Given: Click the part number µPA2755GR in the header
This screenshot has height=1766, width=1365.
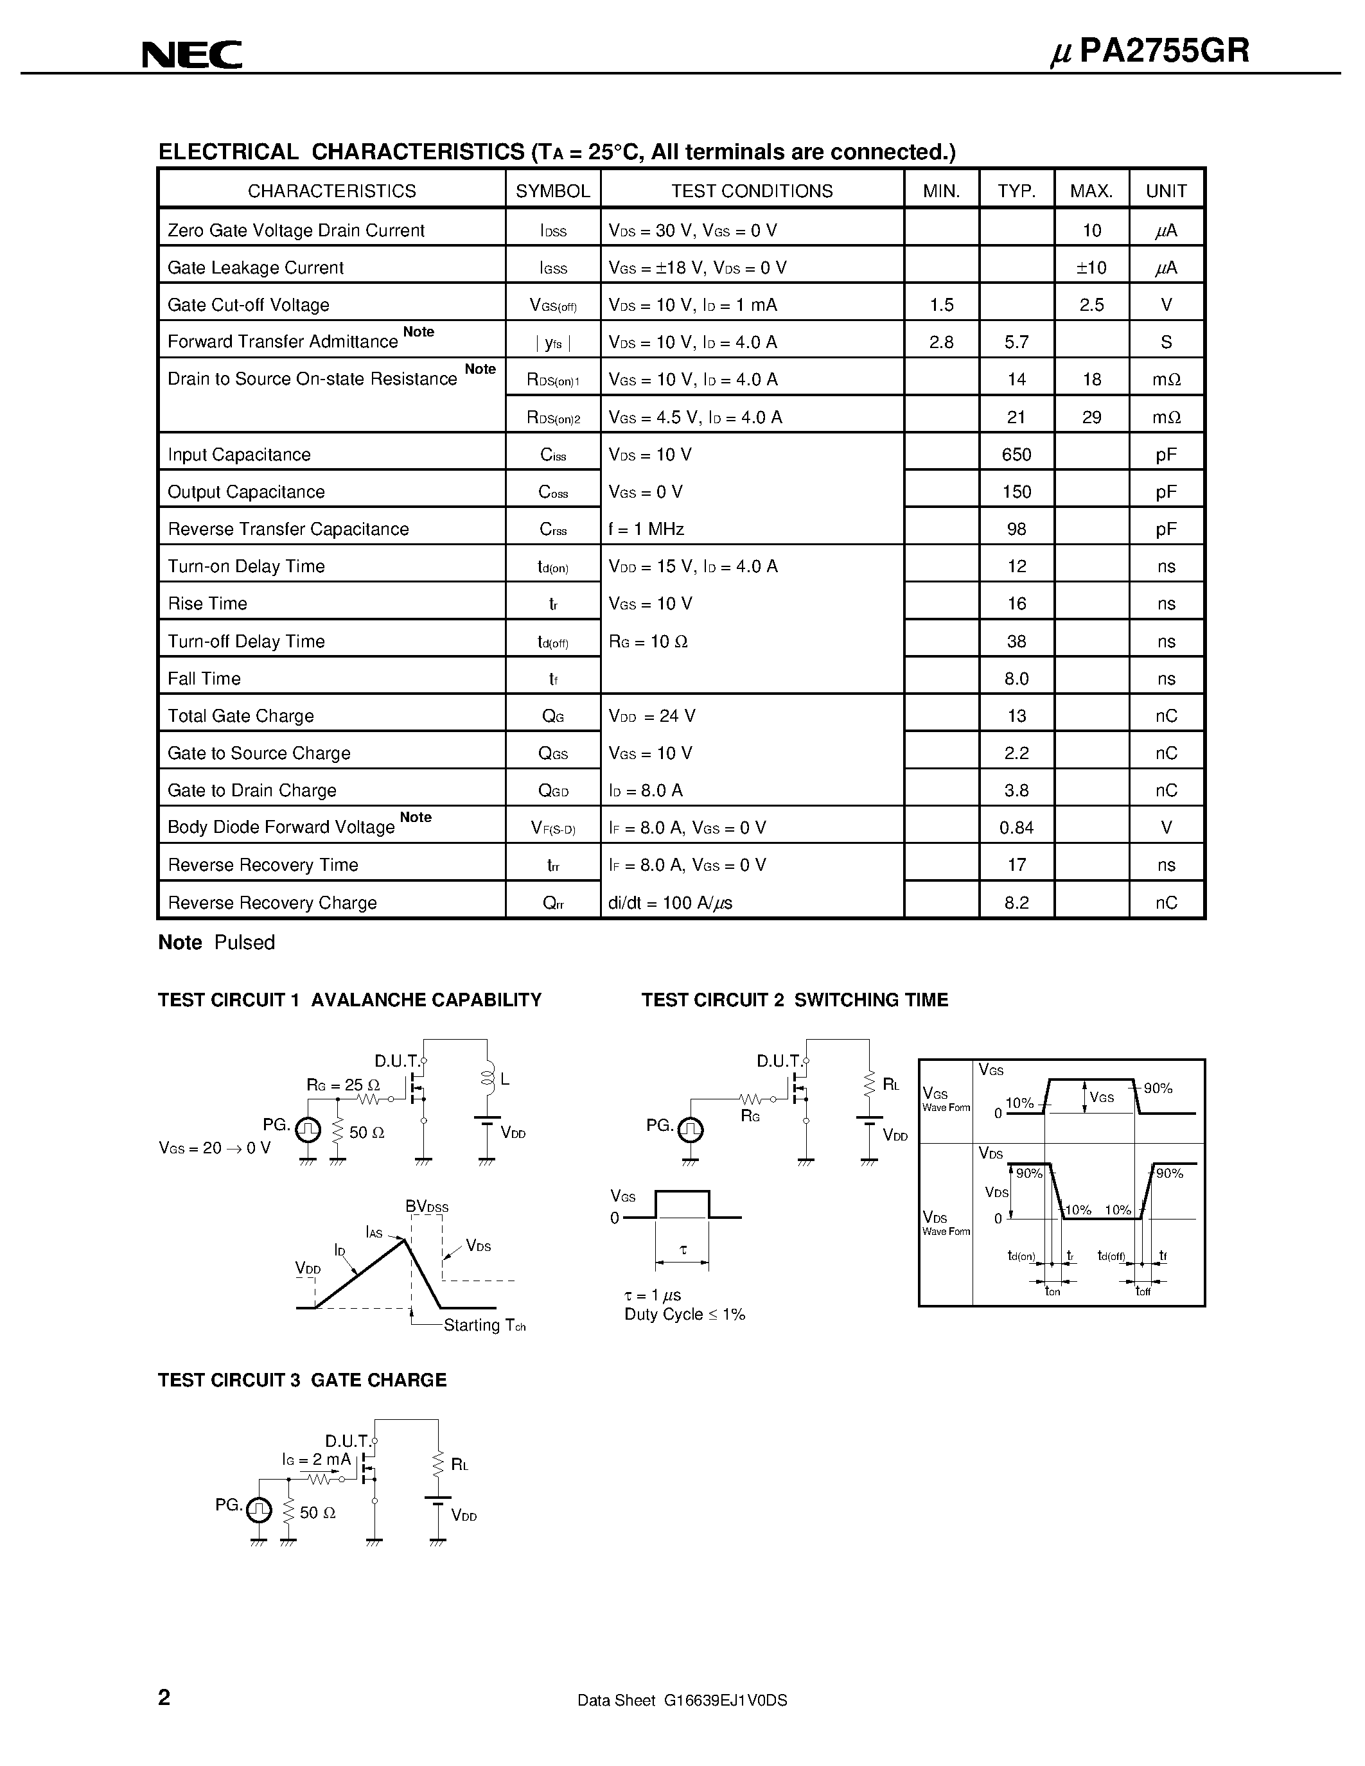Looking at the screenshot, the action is [x=1149, y=51].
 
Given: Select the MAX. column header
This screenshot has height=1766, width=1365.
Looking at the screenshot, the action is [x=1091, y=191].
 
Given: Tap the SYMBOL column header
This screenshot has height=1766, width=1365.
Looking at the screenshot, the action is [x=553, y=191].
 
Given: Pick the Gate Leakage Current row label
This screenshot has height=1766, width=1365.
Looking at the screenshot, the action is [x=256, y=268].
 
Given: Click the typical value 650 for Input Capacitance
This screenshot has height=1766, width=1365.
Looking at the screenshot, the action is [x=1016, y=455].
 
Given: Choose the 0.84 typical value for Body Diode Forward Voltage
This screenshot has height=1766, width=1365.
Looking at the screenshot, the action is [x=1016, y=827].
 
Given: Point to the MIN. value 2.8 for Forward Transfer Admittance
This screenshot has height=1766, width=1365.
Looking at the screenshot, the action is [x=941, y=342].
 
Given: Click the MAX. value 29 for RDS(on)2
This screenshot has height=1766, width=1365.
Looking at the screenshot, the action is [x=1091, y=417].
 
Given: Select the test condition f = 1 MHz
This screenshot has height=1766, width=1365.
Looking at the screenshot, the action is [x=646, y=529].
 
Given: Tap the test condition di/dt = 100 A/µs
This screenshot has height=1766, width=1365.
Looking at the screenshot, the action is [x=671, y=902].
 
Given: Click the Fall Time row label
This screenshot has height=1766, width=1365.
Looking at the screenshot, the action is [x=204, y=678].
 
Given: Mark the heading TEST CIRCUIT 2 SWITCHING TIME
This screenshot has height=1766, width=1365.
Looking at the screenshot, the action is [x=794, y=1001].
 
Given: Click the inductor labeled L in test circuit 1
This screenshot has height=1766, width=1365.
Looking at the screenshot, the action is [x=488, y=1079].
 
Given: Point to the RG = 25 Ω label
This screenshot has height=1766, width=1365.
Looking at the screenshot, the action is [x=343, y=1085].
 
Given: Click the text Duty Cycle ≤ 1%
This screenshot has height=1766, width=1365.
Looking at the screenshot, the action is [x=684, y=1315].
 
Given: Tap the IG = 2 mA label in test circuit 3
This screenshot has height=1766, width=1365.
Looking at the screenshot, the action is [x=316, y=1460].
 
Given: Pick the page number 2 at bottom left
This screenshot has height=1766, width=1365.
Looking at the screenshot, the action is [x=164, y=1697].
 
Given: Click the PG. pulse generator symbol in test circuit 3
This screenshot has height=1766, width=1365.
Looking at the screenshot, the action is [x=259, y=1510].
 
